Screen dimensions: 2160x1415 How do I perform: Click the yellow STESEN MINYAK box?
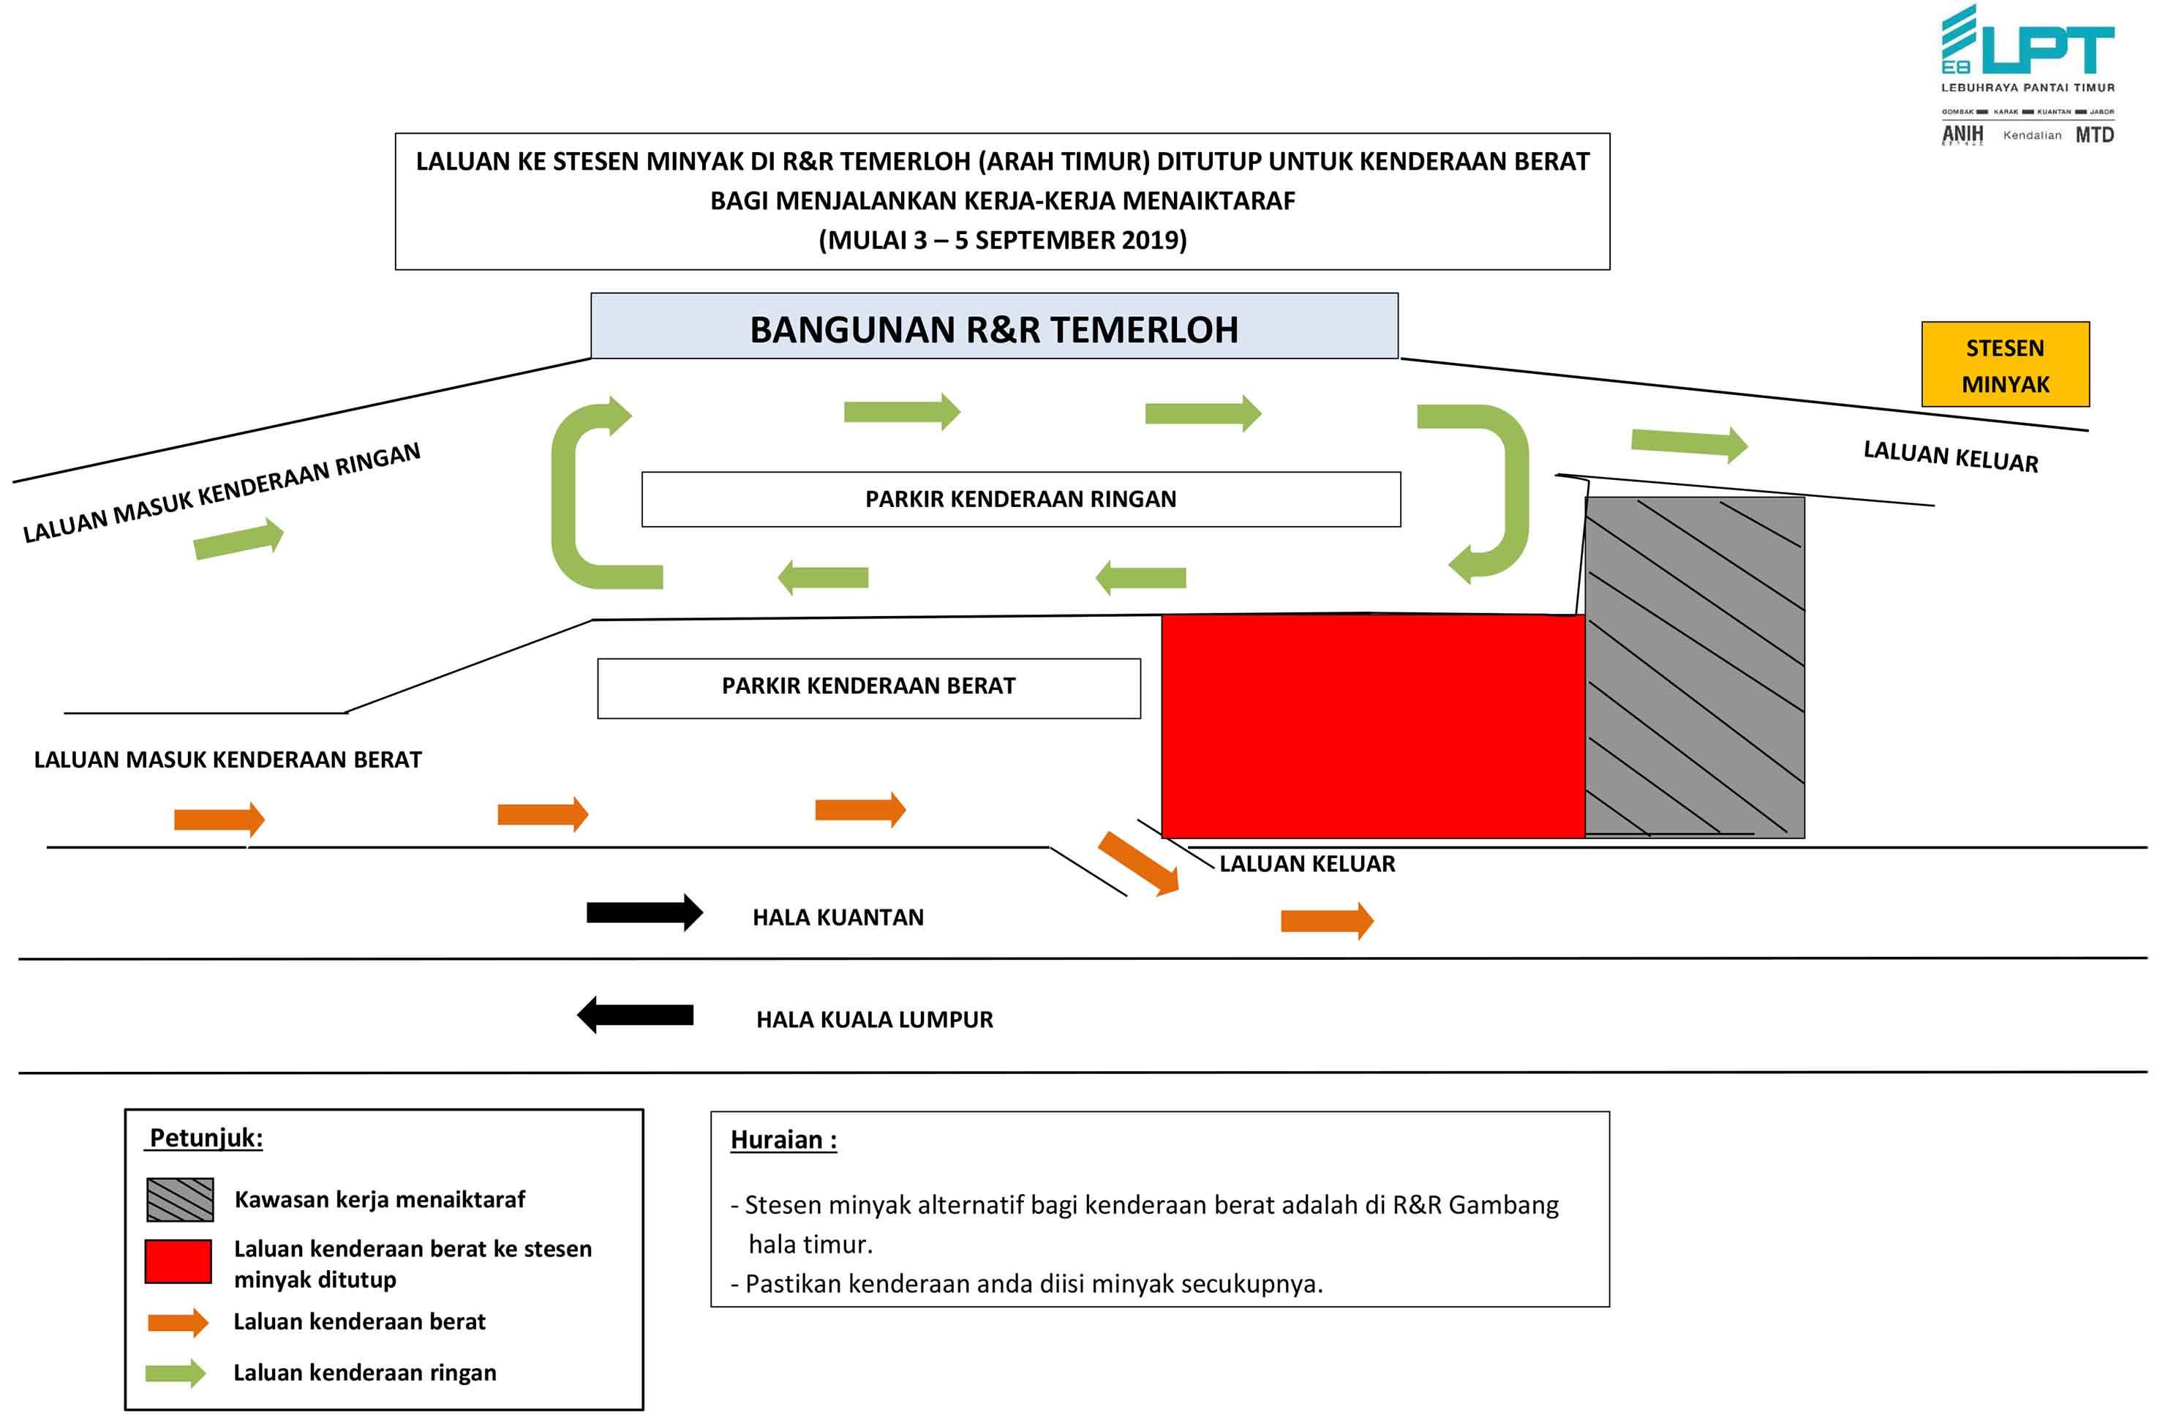click(x=2005, y=364)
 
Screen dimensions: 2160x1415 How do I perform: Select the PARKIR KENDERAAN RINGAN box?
click(x=1021, y=499)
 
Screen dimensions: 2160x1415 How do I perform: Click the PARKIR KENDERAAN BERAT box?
click(x=868, y=688)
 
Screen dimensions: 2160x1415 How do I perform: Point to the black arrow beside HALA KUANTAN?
click(x=644, y=912)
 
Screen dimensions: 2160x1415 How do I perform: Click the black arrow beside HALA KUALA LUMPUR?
click(x=636, y=1015)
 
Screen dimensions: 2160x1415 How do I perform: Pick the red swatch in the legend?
click(x=178, y=1261)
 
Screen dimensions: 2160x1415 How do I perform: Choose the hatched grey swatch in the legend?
click(x=180, y=1199)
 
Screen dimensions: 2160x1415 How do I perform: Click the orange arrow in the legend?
click(x=178, y=1322)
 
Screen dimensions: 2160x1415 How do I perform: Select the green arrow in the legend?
click(x=176, y=1373)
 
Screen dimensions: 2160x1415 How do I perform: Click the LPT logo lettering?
click(x=2048, y=49)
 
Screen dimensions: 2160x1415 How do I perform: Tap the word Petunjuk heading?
click(x=206, y=1138)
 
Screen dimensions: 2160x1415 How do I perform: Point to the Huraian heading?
click(x=783, y=1140)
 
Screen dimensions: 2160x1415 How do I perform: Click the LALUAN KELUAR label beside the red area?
click(x=1307, y=864)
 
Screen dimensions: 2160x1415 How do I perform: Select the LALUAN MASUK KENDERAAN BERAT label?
click(x=227, y=759)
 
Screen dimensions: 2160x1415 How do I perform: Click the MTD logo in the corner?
click(x=2095, y=135)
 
